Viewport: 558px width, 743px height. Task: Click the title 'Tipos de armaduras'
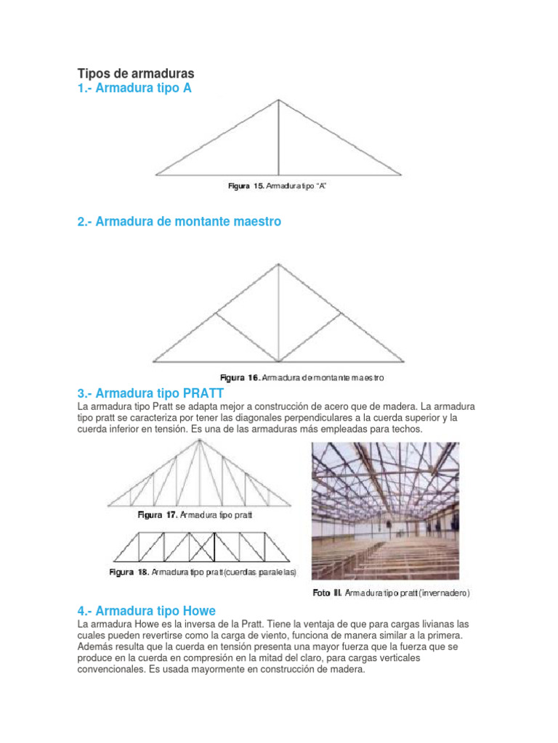coord(136,74)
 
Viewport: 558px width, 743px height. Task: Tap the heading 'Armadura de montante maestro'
coord(179,221)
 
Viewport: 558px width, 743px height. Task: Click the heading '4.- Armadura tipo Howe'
coord(146,610)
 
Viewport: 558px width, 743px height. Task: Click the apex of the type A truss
coord(278,100)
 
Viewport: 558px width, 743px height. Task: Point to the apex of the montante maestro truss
coord(278,264)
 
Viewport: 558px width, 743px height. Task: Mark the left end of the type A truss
coord(155,176)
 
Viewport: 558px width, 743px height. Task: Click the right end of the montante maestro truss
coord(405,361)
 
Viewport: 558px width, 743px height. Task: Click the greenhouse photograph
coord(385,511)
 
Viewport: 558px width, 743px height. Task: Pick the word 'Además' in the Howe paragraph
coord(97,646)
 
